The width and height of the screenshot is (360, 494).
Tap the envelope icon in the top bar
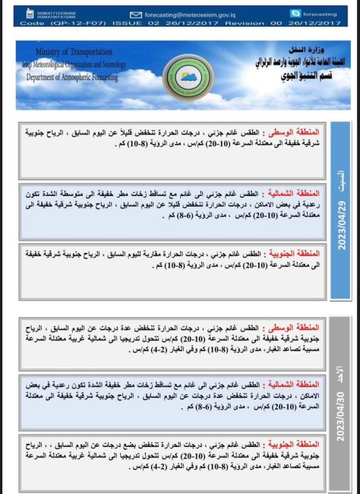click(136, 14)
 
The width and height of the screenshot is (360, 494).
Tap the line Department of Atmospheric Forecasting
click(76, 78)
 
